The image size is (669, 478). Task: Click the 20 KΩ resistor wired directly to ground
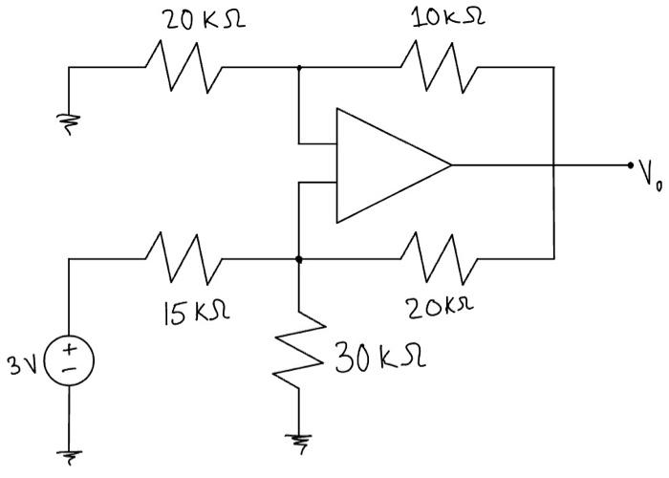tap(184, 68)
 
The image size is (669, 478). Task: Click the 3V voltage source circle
tap(70, 366)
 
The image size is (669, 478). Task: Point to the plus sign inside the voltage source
tap(70, 355)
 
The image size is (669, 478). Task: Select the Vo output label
tap(649, 176)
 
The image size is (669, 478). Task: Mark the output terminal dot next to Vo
tap(630, 164)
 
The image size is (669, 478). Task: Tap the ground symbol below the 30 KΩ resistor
tap(300, 440)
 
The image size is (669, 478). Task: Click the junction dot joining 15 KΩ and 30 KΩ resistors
tap(300, 259)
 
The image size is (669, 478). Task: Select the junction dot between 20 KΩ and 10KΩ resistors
tap(300, 68)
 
